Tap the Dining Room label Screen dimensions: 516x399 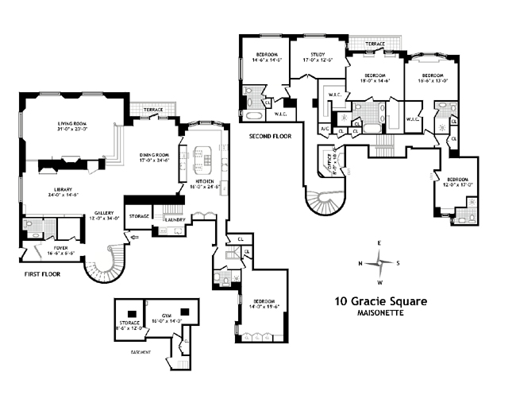point(155,154)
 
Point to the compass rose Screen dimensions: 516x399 point(379,263)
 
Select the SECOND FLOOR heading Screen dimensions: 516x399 point(270,136)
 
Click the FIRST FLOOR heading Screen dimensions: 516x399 point(40,273)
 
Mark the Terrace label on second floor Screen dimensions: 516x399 point(375,45)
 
